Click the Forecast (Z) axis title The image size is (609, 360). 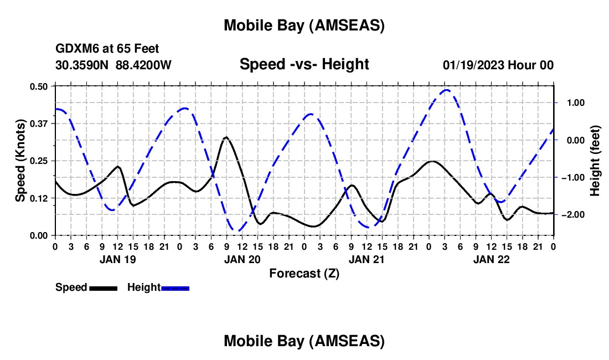tap(304, 273)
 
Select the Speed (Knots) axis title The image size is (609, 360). tap(20, 161)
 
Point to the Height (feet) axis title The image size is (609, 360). tap(595, 161)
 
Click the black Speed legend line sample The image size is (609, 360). tap(102, 288)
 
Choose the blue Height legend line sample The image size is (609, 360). tap(175, 288)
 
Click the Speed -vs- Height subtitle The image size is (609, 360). tap(304, 64)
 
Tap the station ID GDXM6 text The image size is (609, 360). tap(74, 49)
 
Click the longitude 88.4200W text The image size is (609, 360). tap(143, 65)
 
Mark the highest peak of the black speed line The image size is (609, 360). tap(226, 137)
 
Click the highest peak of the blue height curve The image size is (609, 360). tap(447, 90)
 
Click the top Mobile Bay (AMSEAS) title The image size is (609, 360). tap(304, 25)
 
